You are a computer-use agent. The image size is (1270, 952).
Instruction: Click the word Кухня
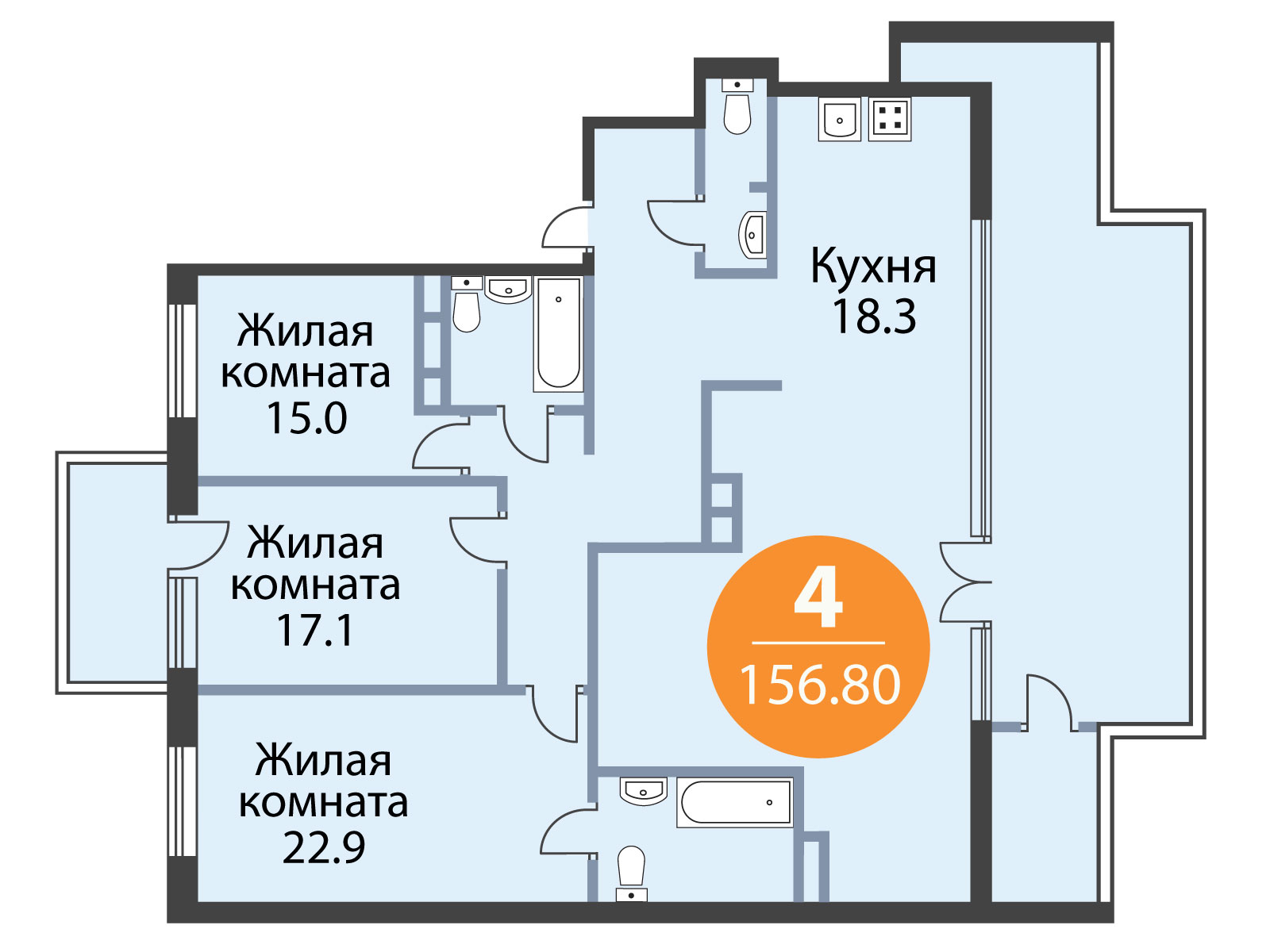[x=873, y=267]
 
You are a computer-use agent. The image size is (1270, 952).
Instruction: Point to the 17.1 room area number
[x=315, y=630]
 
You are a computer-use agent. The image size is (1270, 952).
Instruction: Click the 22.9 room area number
[x=323, y=846]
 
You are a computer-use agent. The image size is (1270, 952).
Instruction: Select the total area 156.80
[x=820, y=685]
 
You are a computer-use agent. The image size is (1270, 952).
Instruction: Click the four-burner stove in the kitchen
[x=890, y=119]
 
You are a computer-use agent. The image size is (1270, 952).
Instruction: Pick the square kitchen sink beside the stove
[x=839, y=119]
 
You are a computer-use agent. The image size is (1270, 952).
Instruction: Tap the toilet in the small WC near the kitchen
[x=737, y=108]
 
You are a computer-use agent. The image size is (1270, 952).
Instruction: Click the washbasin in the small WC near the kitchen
[x=752, y=234]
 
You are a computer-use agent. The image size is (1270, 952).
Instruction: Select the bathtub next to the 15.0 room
[x=558, y=334]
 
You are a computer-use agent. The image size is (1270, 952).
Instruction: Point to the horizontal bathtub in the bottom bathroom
[x=735, y=802]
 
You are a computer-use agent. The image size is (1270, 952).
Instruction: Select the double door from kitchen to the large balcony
[x=964, y=582]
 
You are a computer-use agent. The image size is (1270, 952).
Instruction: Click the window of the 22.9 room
[x=183, y=801]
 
